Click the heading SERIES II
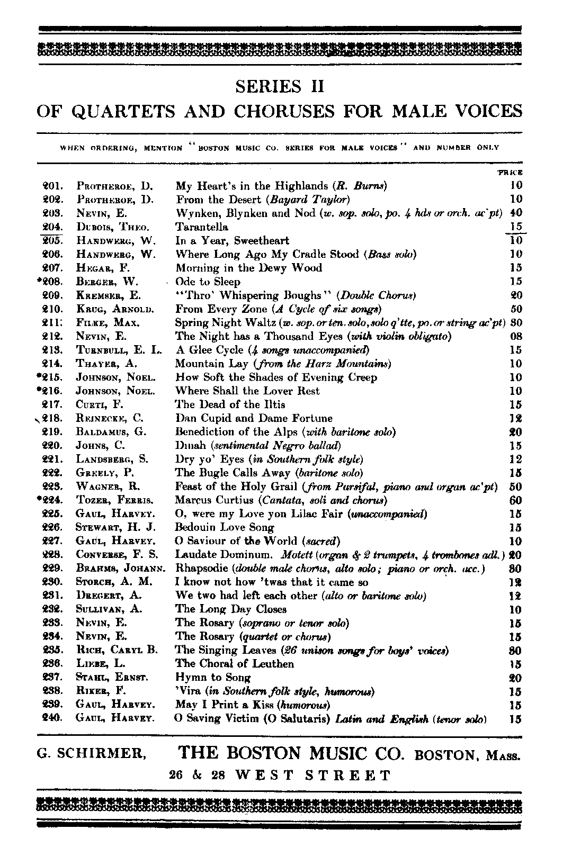coord(280,86)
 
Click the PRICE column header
coord(511,172)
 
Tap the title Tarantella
coord(202,227)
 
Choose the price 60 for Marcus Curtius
coord(515,500)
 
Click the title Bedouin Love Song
coord(225,527)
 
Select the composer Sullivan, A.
coord(109,609)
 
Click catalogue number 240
coord(53,718)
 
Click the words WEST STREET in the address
coord(312,776)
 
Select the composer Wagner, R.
coord(106,486)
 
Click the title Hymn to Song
coord(212,678)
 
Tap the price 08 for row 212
coord(515,336)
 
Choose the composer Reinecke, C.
coord(110,418)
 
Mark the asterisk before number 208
coord(39,281)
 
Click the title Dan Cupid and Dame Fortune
coord(254,418)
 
